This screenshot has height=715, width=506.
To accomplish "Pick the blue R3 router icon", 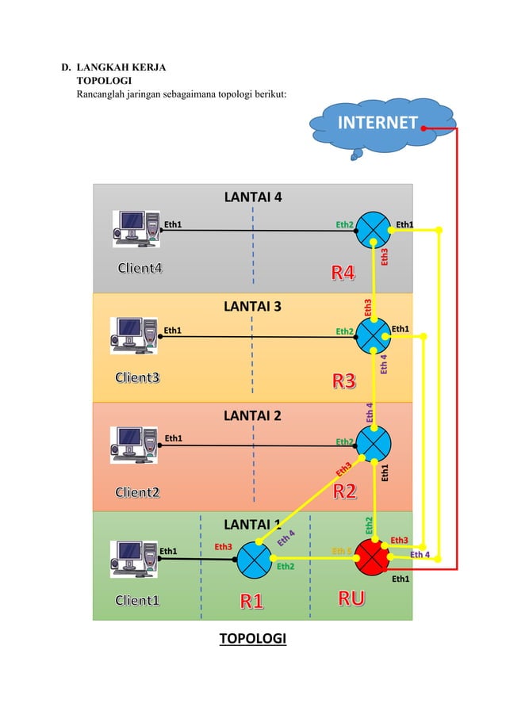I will [373, 336].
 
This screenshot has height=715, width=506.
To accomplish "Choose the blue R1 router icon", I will [255, 558].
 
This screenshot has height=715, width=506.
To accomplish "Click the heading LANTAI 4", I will [252, 197].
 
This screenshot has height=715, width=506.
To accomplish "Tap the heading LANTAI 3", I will [252, 306].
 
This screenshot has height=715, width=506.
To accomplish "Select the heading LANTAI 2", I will [252, 415].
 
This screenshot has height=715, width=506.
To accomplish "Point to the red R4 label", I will [343, 274].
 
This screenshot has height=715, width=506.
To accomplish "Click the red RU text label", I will [351, 599].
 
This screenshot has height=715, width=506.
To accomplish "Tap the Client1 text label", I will [137, 600].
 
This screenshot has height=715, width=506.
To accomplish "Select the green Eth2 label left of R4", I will [344, 224].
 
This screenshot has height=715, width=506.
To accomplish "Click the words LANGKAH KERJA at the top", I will [121, 67].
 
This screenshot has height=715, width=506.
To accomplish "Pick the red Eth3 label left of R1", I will [224, 546].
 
